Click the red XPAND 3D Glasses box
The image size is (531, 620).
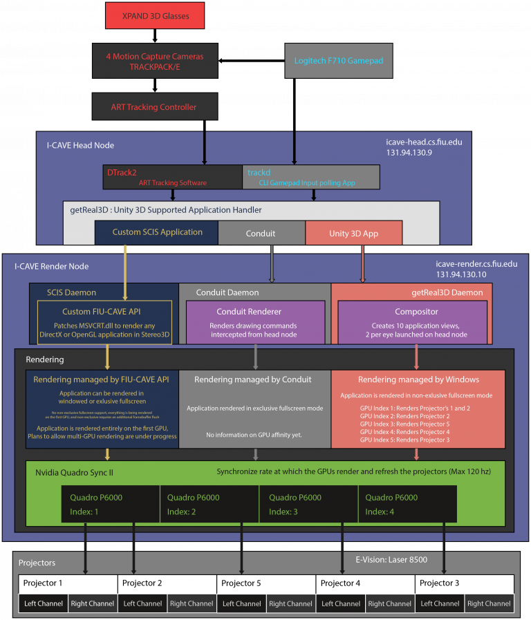click(x=155, y=15)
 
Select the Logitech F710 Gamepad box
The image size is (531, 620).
click(x=339, y=61)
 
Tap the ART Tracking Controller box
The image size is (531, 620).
click(x=155, y=107)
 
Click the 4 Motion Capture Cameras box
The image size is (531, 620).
click(x=155, y=61)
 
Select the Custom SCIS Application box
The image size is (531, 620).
click(x=157, y=233)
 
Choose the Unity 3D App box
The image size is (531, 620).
click(x=353, y=234)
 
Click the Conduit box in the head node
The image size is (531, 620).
click(x=261, y=234)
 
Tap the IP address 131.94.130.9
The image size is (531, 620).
click(x=410, y=153)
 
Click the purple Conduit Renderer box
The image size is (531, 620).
click(x=255, y=321)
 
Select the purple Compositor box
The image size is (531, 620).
click(x=416, y=321)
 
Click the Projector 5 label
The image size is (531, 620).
click(x=241, y=583)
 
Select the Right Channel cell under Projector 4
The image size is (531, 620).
click(x=390, y=603)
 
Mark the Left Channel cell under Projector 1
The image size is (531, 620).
click(x=43, y=603)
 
